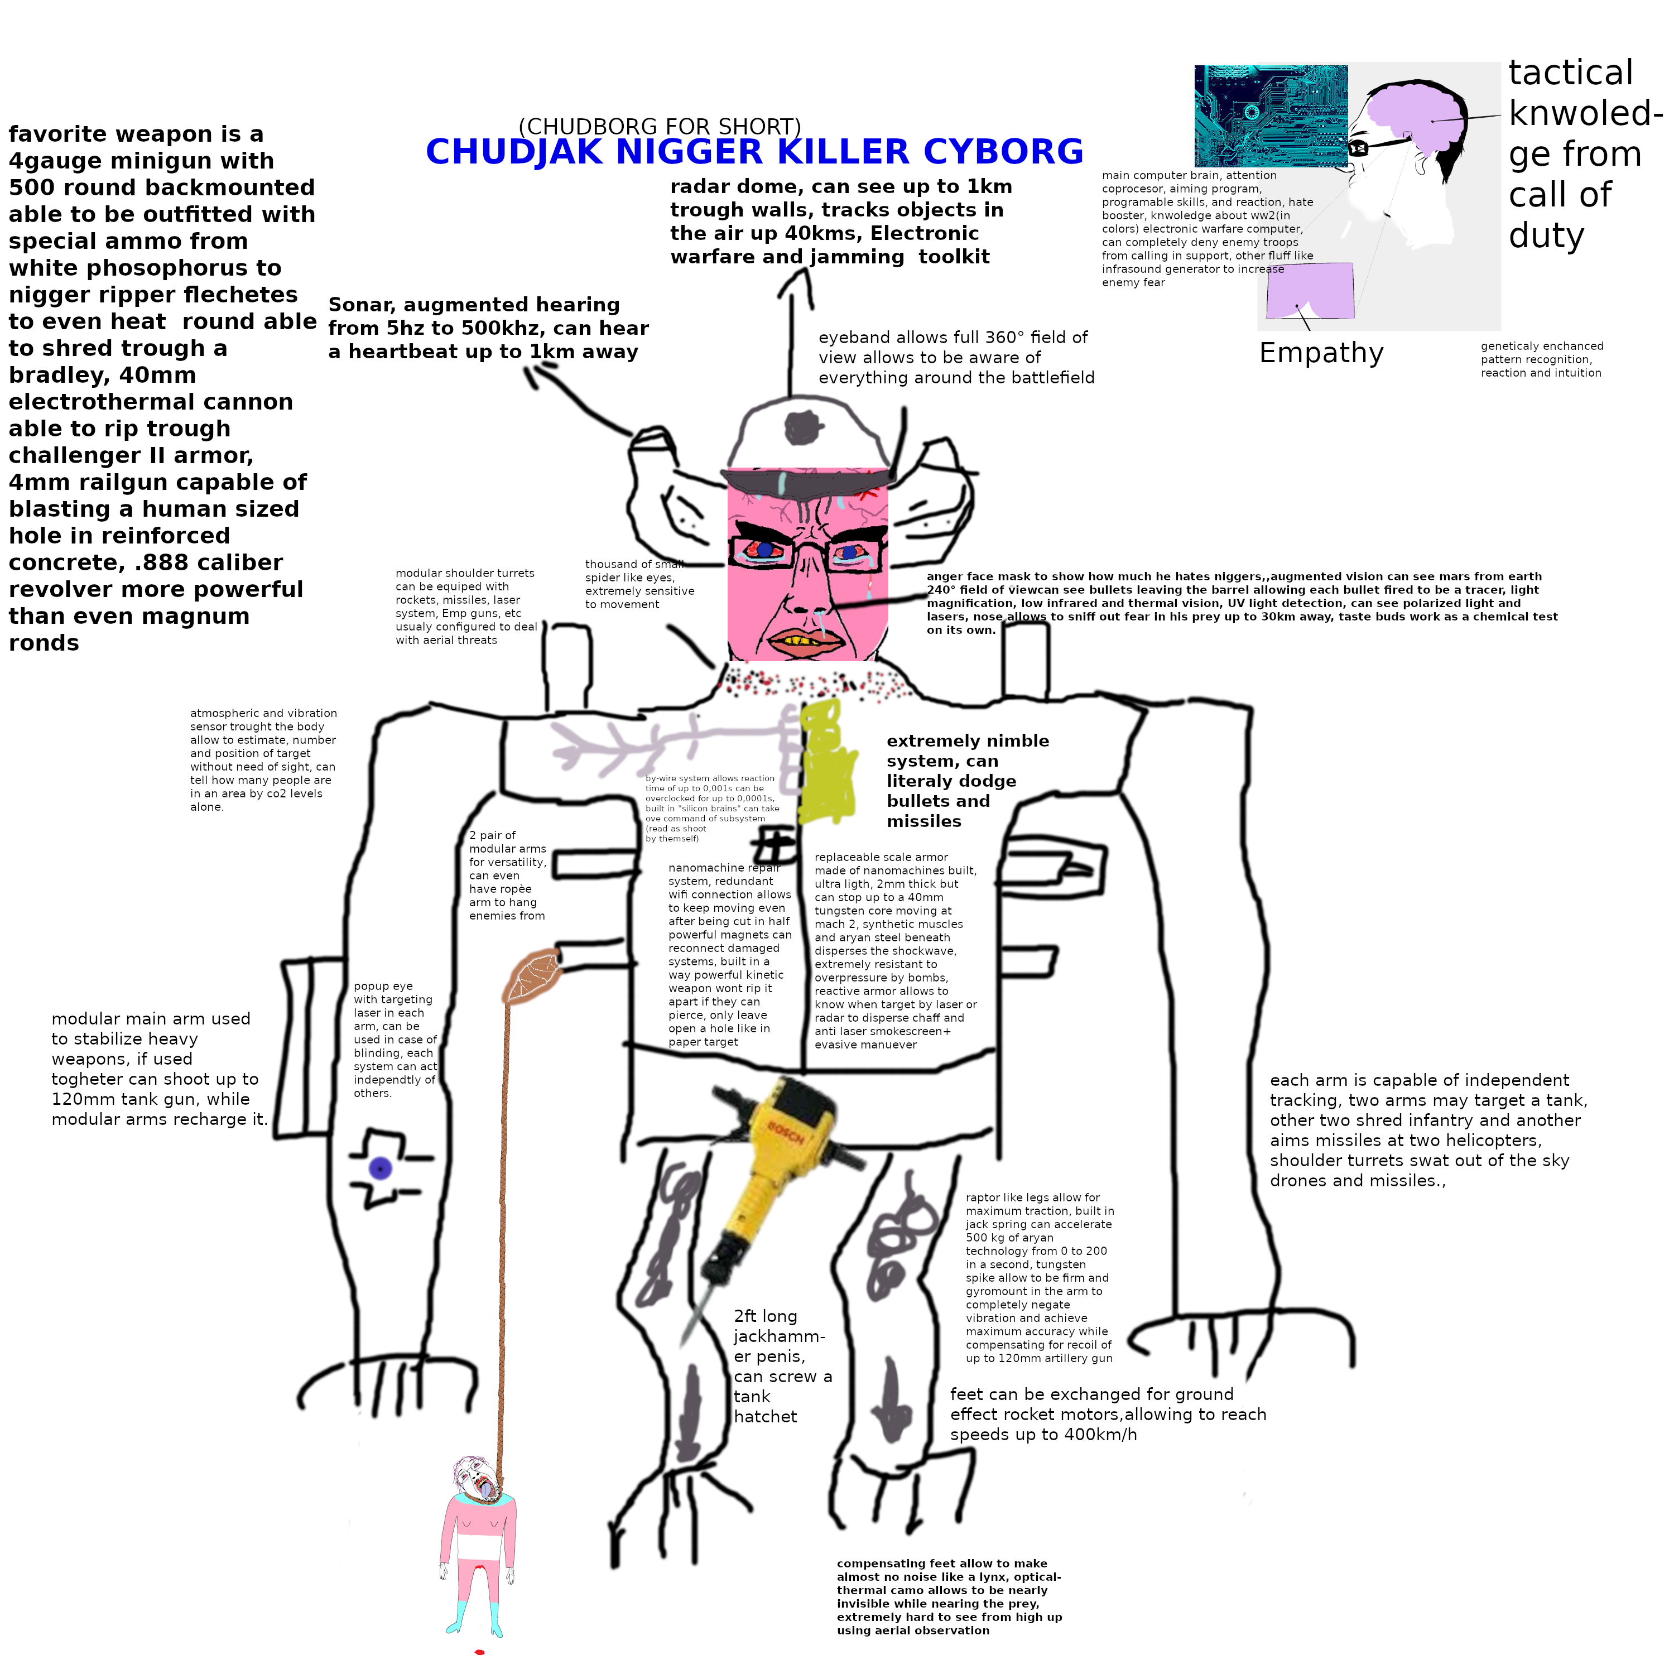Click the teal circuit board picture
click(1269, 116)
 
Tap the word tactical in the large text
click(1570, 73)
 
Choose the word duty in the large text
click(1546, 235)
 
